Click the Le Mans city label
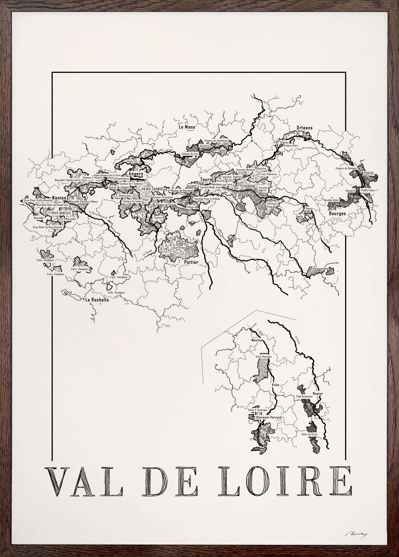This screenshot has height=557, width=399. (x=186, y=127)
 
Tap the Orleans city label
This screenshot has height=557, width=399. (x=304, y=128)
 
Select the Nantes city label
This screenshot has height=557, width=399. (x=59, y=198)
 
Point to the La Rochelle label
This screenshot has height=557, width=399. (x=97, y=300)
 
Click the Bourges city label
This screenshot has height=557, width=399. (x=337, y=213)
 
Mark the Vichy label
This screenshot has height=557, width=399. (x=275, y=385)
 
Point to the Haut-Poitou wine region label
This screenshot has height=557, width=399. (x=179, y=247)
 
